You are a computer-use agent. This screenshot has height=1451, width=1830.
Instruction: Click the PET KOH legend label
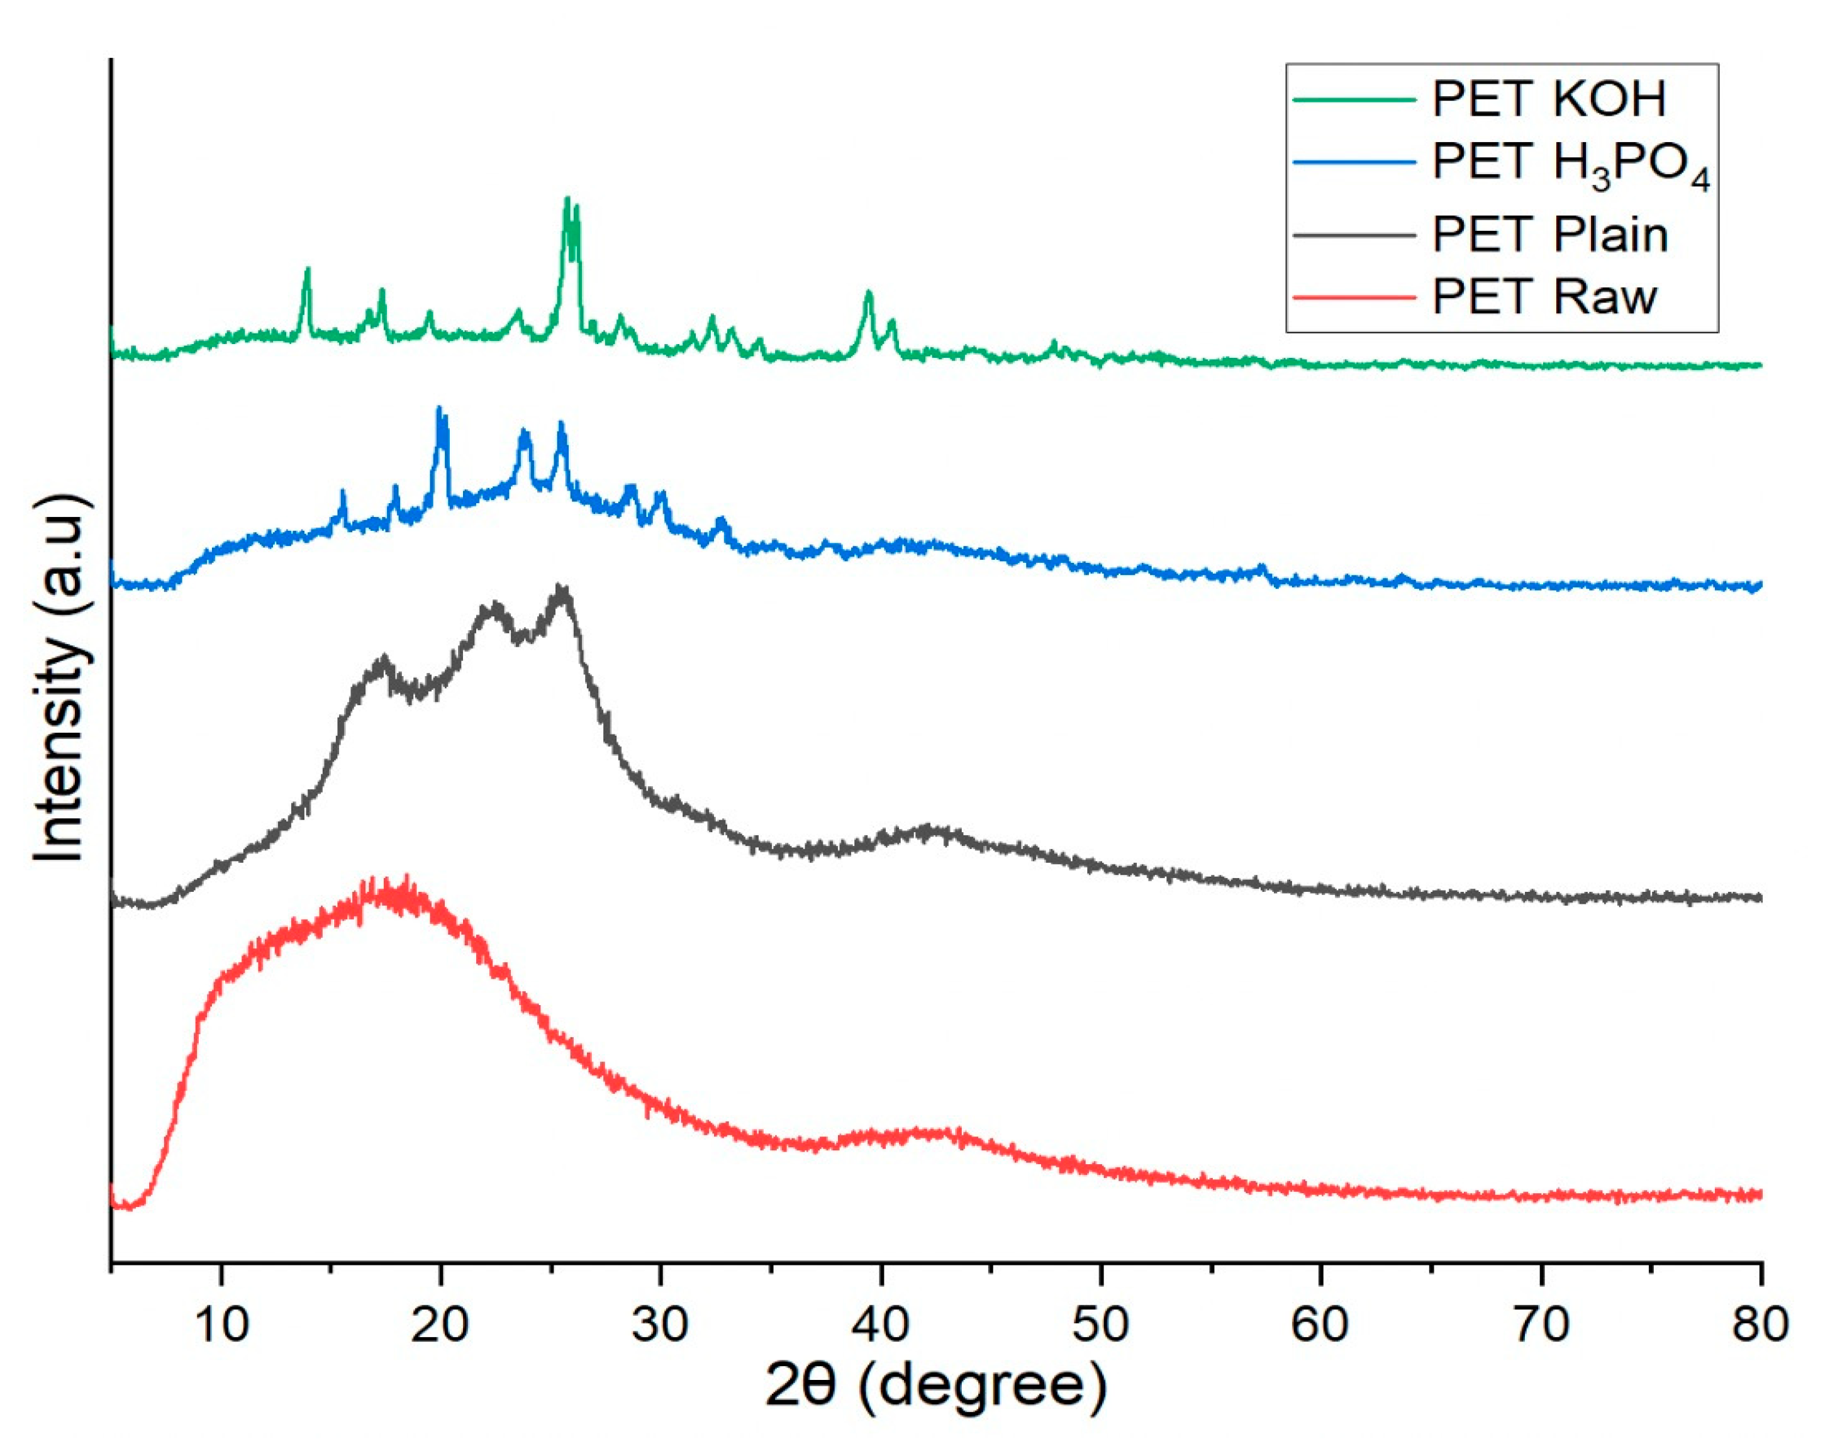coord(1549,99)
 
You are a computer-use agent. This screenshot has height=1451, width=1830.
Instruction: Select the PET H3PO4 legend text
coord(1570,165)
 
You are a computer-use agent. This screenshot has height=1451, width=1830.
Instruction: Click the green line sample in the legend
coord(1354,99)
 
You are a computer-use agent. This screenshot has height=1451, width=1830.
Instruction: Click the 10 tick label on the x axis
coord(221,1324)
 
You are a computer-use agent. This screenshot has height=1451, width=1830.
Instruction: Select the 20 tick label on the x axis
coord(440,1324)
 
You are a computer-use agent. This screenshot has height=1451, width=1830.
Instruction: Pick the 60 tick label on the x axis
coord(1320,1324)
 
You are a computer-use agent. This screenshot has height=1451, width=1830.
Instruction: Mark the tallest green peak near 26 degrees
coord(567,199)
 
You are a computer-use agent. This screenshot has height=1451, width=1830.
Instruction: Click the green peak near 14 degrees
coord(307,270)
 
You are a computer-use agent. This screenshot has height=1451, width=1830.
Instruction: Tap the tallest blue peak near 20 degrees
coord(439,410)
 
